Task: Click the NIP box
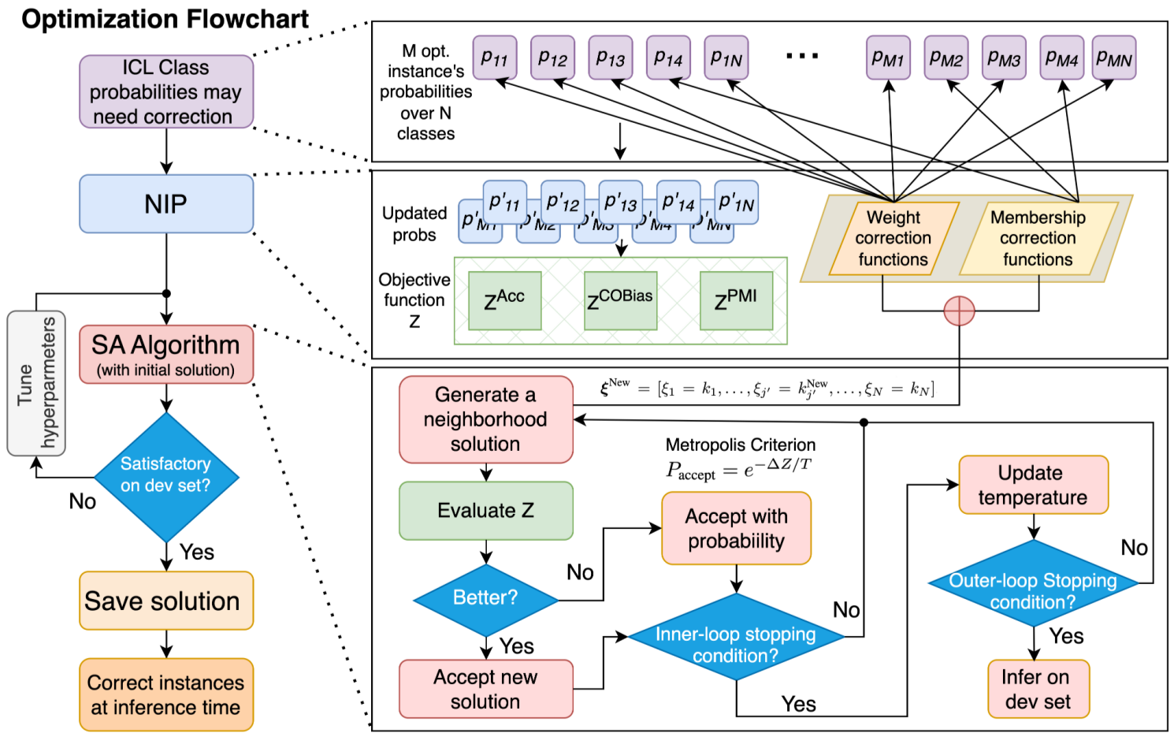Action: pyautogui.click(x=166, y=204)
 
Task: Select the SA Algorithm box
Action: pyautogui.click(x=166, y=355)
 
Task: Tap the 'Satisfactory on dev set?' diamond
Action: pyautogui.click(x=166, y=475)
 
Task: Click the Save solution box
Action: pyautogui.click(x=166, y=601)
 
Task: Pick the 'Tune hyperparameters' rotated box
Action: pyautogui.click(x=36, y=383)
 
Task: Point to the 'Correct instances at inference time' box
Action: pyautogui.click(x=166, y=694)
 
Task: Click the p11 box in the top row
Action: pyautogui.click(x=495, y=58)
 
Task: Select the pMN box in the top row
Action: pyautogui.click(x=1114, y=58)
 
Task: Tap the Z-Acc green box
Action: pyautogui.click(x=504, y=300)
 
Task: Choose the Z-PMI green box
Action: pyautogui.click(x=736, y=300)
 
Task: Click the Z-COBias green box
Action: pyautogui.click(x=620, y=300)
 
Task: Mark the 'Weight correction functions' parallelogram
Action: pyautogui.click(x=894, y=238)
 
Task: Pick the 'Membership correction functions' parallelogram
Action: pyautogui.click(x=1038, y=238)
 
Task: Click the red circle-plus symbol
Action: pyautogui.click(x=959, y=311)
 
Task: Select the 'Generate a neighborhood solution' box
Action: pyautogui.click(x=485, y=419)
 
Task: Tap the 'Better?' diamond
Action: pyautogui.click(x=485, y=598)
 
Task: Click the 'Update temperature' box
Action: pyautogui.click(x=1033, y=485)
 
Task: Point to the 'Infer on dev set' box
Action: pyautogui.click(x=1038, y=689)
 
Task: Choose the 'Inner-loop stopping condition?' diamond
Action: pyautogui.click(x=736, y=644)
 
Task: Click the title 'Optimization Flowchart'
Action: pyautogui.click(x=165, y=19)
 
